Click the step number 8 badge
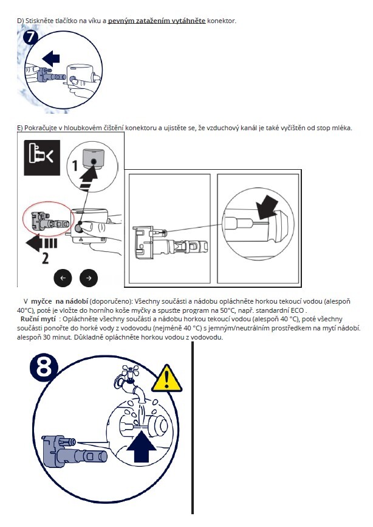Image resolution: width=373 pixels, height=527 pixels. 48,370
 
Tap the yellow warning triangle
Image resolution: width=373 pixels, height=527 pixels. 161,379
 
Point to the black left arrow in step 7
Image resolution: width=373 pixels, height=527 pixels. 51,59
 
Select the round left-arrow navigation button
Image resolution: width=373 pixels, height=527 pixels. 63,277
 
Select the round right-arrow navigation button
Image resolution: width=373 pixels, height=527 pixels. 89,277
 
